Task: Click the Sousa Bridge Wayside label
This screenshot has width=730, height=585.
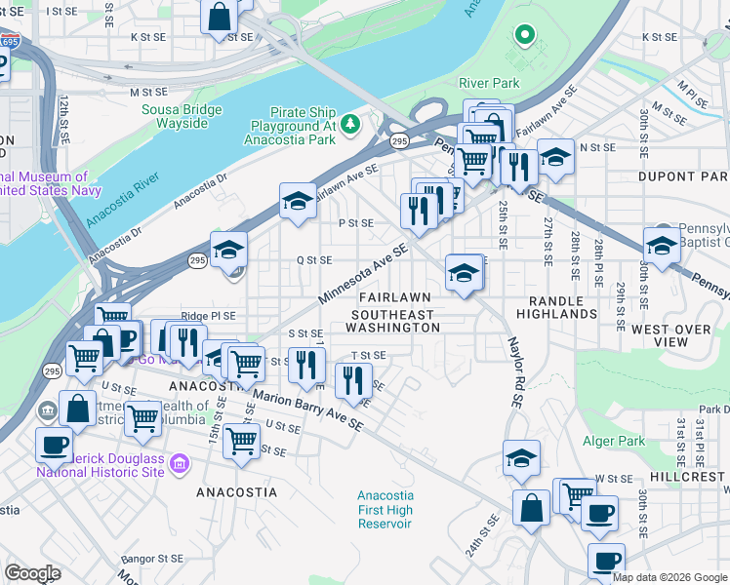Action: (x=175, y=116)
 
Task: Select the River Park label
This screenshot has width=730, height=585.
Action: (x=489, y=84)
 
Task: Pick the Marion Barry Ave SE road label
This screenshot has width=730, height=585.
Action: (x=307, y=410)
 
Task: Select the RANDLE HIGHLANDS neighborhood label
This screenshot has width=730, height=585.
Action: (x=563, y=308)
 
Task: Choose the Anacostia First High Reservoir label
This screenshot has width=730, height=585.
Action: (x=385, y=510)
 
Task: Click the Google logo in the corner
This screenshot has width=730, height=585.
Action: (x=32, y=573)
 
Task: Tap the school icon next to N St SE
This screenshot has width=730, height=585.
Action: (x=555, y=157)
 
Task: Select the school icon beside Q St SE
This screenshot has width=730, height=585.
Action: (x=228, y=251)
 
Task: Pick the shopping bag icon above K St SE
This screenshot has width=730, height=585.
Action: (x=220, y=16)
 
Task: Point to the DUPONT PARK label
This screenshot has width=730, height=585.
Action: (x=682, y=176)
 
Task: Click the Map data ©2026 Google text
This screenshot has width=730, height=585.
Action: (x=669, y=577)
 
